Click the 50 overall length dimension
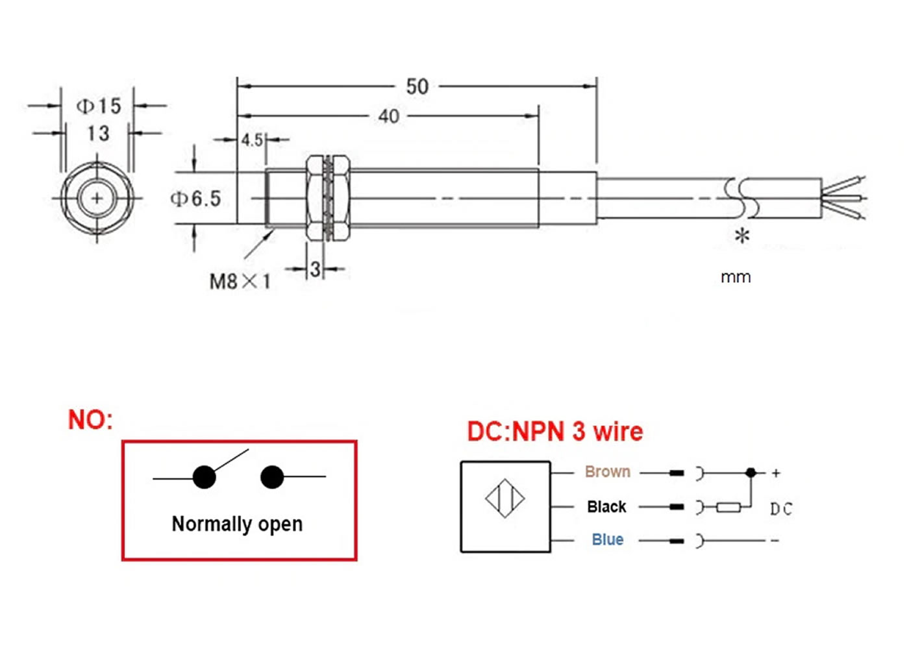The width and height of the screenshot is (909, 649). (x=417, y=86)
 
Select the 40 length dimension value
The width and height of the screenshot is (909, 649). (x=389, y=116)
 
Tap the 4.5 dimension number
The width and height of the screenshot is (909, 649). (x=252, y=140)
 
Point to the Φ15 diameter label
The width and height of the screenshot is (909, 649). (x=99, y=106)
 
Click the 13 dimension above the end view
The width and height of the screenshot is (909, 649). (x=99, y=134)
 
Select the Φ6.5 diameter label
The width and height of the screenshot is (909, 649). (x=195, y=199)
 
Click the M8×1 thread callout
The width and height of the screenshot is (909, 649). (x=240, y=282)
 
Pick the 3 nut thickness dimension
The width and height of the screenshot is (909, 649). (x=316, y=269)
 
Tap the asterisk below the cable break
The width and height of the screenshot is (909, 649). (x=742, y=236)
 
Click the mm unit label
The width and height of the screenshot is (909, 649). (x=736, y=278)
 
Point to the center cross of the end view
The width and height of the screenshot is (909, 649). (x=97, y=199)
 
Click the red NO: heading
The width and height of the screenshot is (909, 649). (x=90, y=420)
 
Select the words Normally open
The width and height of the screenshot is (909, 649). (x=238, y=524)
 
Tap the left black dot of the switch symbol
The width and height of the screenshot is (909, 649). (x=204, y=478)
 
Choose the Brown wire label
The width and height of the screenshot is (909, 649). (x=608, y=471)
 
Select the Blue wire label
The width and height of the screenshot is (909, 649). (x=608, y=539)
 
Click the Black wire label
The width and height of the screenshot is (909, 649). (x=606, y=507)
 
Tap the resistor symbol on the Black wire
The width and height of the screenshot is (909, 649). (x=728, y=507)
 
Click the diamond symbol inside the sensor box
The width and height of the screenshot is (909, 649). (x=505, y=498)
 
